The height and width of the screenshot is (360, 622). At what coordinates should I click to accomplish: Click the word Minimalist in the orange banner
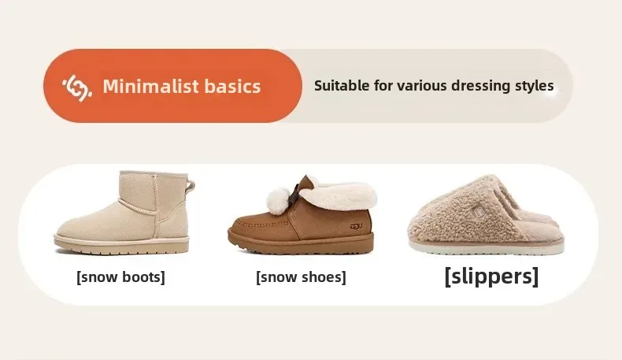click(150, 86)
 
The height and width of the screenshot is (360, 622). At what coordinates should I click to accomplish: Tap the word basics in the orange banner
click(232, 86)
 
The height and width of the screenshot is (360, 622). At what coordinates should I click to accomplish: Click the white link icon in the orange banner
click(77, 87)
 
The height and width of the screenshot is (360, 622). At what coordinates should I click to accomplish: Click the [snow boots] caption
click(120, 277)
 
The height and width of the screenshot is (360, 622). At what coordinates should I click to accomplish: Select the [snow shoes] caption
click(301, 277)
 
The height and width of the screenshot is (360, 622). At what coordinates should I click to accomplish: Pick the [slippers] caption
click(491, 276)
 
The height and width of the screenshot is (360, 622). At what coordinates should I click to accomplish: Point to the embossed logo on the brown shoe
click(356, 226)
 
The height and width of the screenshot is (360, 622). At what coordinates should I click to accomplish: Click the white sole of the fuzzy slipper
click(487, 247)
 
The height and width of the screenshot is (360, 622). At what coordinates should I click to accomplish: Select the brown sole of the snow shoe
click(301, 244)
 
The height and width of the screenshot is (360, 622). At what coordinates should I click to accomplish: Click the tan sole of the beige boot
click(121, 245)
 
